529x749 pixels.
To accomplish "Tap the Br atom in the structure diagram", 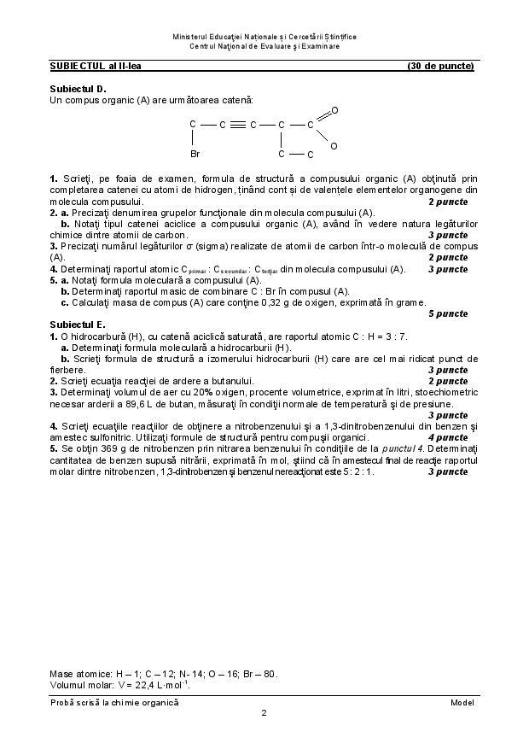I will (x=195, y=155).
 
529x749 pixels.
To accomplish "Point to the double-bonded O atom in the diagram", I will (x=334, y=110).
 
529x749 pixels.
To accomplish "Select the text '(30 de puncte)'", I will (x=440, y=65).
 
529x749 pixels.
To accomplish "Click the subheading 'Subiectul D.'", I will (x=78, y=88).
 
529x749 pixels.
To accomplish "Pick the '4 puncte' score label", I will (x=448, y=436).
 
